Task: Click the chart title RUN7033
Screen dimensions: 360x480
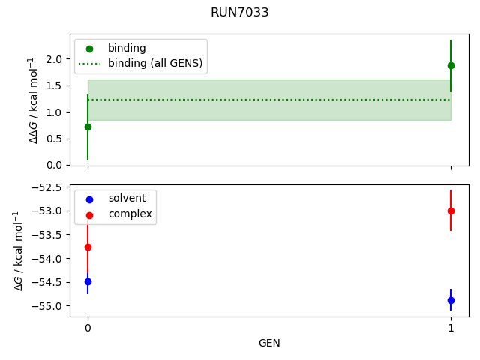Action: tap(240, 13)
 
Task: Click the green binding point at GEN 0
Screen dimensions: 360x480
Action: tap(88, 127)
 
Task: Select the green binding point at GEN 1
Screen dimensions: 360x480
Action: tap(451, 65)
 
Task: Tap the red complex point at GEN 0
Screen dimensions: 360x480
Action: tap(88, 247)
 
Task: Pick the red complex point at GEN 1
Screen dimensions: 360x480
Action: tap(451, 211)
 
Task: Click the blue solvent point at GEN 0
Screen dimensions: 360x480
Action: tap(88, 281)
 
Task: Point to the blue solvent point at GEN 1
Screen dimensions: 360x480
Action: tap(451, 300)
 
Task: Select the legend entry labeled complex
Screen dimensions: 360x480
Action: tap(130, 214)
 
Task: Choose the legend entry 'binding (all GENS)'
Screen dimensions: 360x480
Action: tap(155, 64)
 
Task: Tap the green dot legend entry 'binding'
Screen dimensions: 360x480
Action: tap(127, 48)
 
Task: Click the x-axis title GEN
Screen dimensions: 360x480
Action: tap(269, 343)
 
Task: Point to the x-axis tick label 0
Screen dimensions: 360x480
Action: tap(88, 328)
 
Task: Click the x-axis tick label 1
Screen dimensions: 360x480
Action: tap(451, 328)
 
